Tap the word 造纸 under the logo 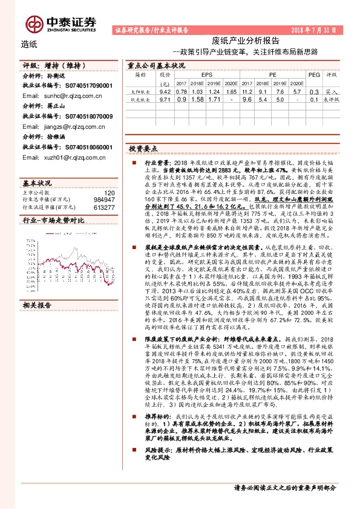tap(29, 44)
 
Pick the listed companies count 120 tap(109, 192)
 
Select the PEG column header tap(313, 74)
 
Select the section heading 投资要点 tap(143, 148)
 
